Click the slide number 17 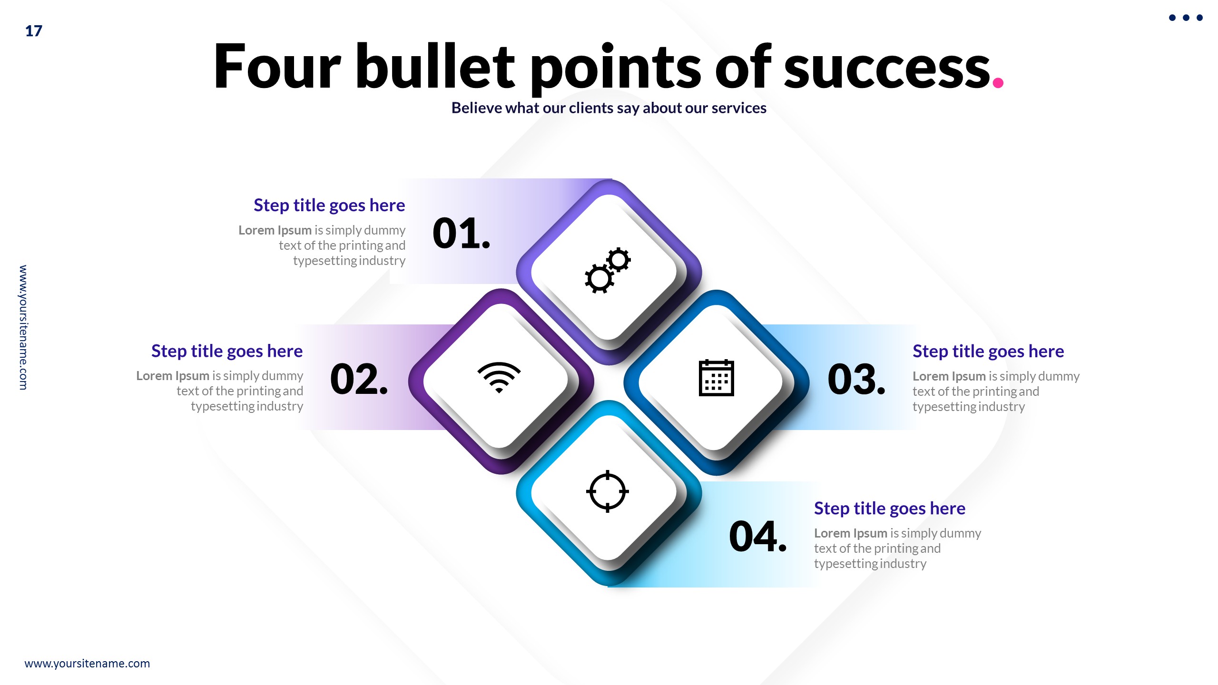[33, 31]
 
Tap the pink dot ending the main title [998, 83]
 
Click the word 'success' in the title [887, 68]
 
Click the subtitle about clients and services [609, 108]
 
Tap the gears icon [608, 270]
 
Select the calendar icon [716, 378]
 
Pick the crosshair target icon [608, 491]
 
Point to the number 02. [359, 380]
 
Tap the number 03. [856, 380]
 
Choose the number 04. [757, 537]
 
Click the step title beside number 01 [329, 205]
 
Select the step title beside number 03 [988, 351]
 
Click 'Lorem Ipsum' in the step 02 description [173, 376]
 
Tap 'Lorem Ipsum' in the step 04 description [851, 533]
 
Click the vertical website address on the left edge [23, 327]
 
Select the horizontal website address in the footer [87, 663]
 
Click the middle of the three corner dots [1186, 18]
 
